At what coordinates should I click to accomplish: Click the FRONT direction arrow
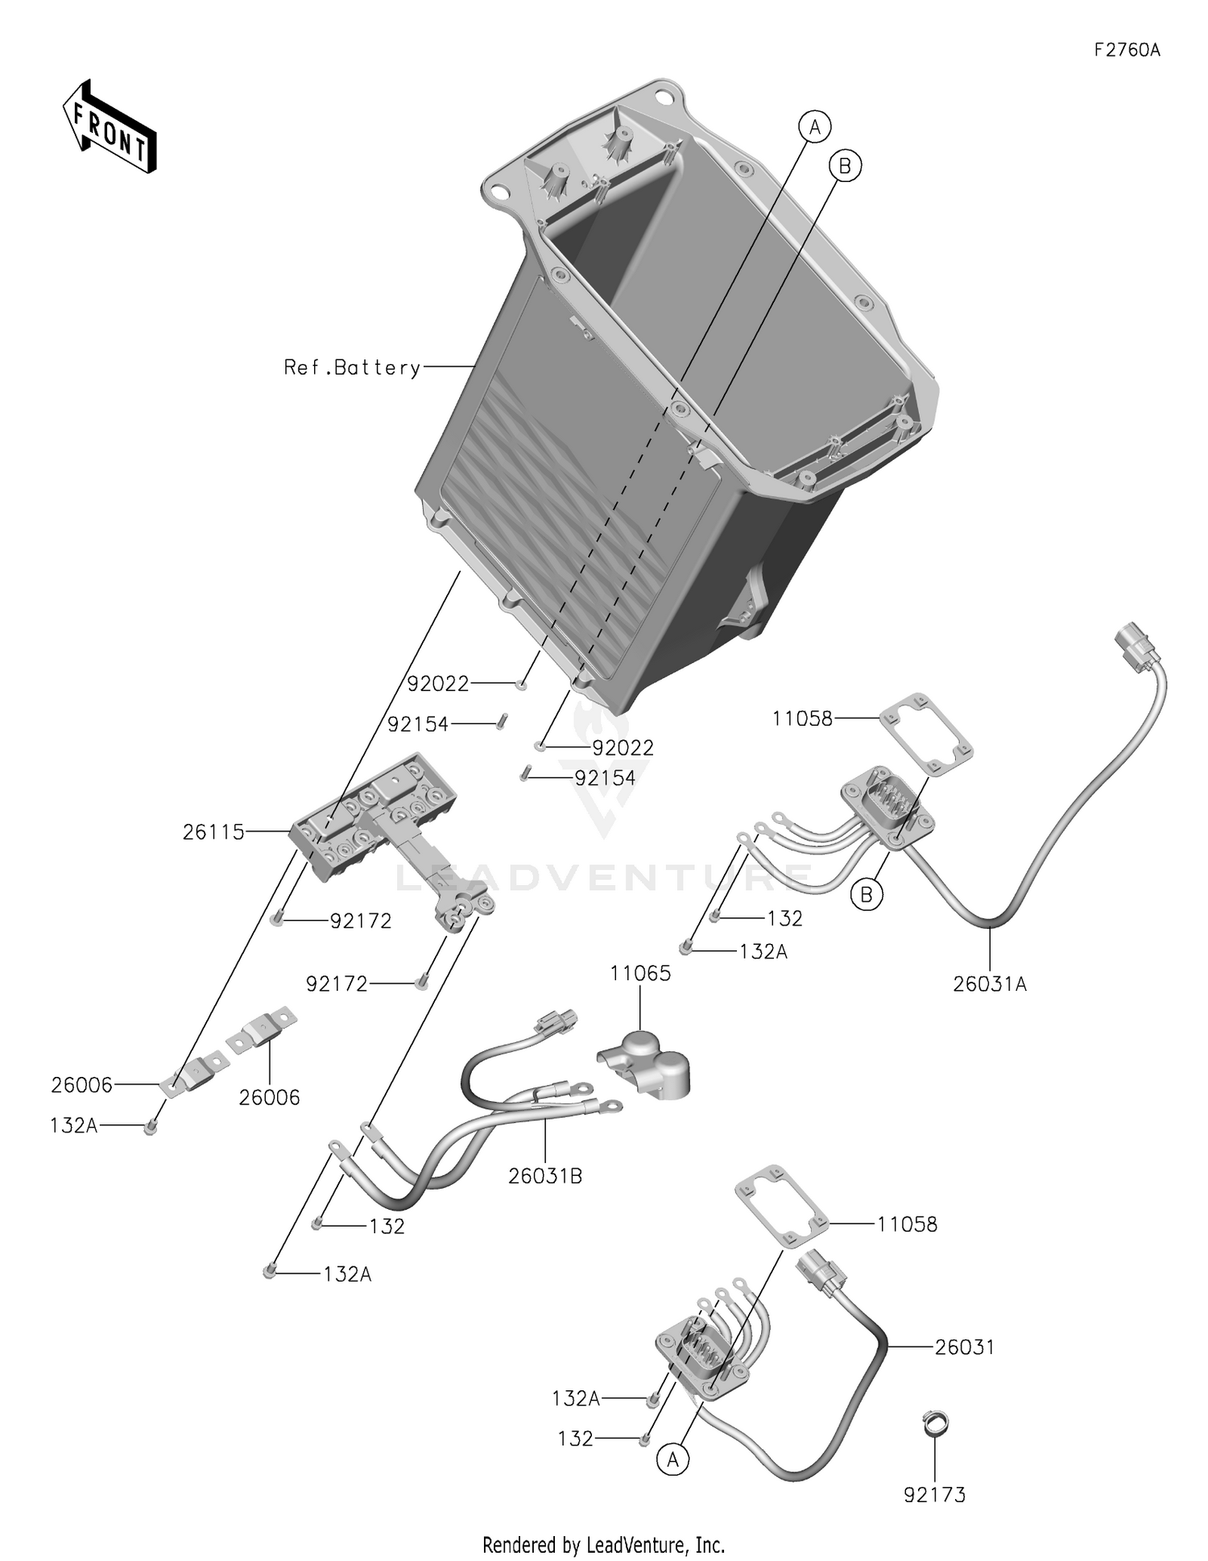tap(110, 127)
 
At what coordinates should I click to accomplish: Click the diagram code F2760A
tap(1127, 50)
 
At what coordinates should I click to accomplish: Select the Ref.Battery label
tap(352, 368)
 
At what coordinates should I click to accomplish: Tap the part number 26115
tap(213, 832)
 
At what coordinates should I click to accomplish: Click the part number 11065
tap(640, 973)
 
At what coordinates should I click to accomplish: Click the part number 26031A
tap(990, 983)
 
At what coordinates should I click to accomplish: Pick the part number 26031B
tap(545, 1176)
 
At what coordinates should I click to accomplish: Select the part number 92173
tap(934, 1495)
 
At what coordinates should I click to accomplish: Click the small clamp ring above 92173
tap(935, 1423)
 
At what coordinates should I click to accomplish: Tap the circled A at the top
tap(815, 127)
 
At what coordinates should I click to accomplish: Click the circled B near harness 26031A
tap(867, 895)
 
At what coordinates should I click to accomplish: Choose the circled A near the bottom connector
tap(673, 1460)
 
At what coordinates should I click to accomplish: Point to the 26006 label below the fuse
tap(269, 1097)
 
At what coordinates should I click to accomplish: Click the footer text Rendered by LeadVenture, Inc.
tap(603, 1545)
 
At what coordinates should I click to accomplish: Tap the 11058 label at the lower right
tap(907, 1224)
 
